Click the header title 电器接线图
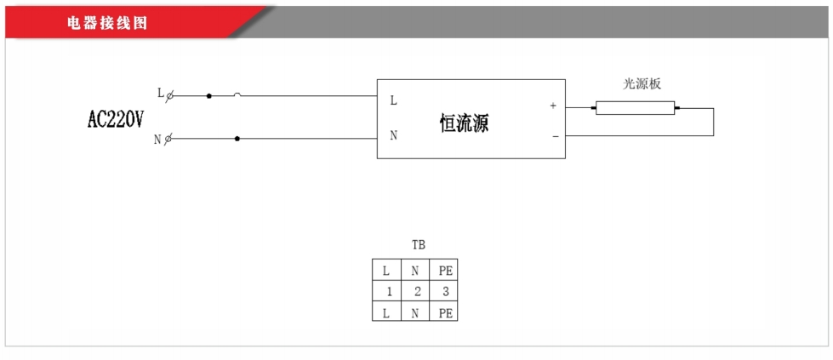[x=107, y=23]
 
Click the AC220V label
[x=116, y=120]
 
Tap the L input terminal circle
[x=169, y=96]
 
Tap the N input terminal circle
[x=168, y=138]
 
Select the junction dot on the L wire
[x=208, y=96]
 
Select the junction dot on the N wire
[x=237, y=138]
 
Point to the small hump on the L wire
[x=237, y=94]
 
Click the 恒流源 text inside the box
[x=464, y=123]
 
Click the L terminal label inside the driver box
[x=393, y=100]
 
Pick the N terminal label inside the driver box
[x=393, y=135]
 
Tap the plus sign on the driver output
[x=553, y=106]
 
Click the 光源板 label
[x=642, y=83]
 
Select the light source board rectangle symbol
[x=635, y=108]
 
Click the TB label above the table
[x=418, y=244]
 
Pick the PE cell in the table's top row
[x=445, y=271]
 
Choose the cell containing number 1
[x=388, y=292]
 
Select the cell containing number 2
[x=417, y=292]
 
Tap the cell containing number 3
[x=445, y=292]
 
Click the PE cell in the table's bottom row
[x=445, y=313]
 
